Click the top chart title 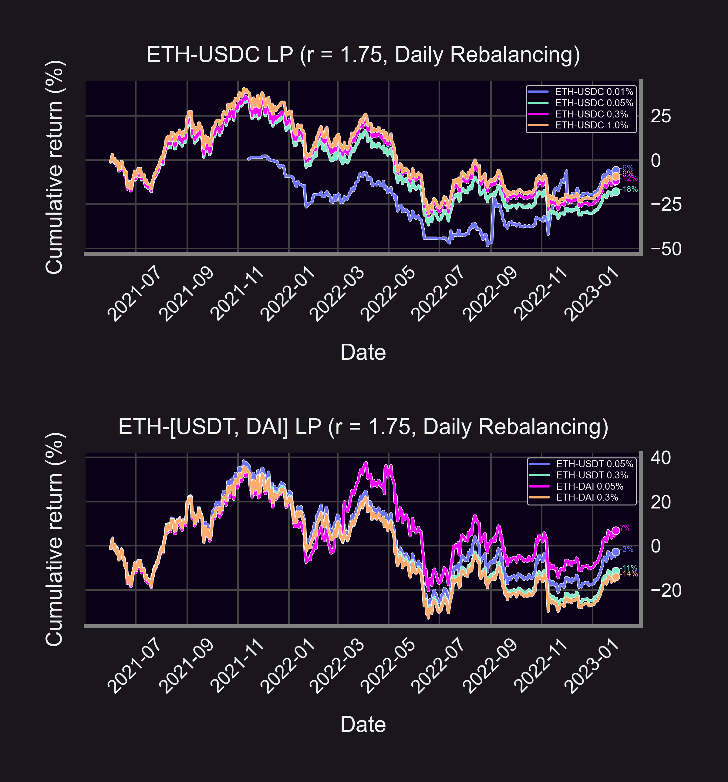363,54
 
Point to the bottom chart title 363,427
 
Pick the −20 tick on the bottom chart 666,590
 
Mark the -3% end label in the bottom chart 627,549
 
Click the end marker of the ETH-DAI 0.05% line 615,531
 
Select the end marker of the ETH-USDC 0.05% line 615,192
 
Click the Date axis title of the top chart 363,352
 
